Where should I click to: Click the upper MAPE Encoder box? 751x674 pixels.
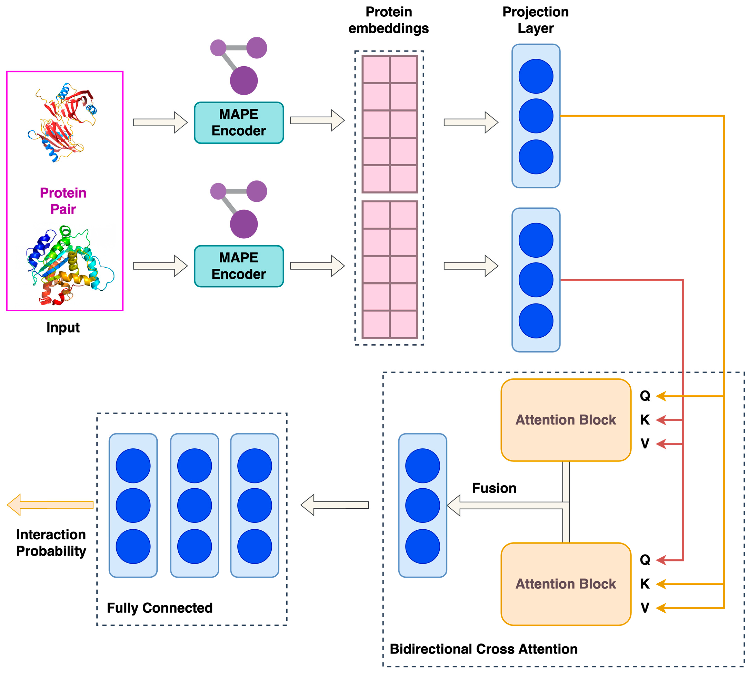(239, 123)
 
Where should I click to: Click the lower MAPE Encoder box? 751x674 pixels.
(239, 266)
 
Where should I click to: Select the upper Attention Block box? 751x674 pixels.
(565, 420)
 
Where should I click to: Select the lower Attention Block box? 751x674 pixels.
(565, 584)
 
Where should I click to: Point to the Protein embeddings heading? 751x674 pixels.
(388, 20)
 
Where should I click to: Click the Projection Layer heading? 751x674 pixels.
(535, 20)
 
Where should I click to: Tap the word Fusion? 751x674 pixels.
(494, 488)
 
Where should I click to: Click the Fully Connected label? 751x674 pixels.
(160, 608)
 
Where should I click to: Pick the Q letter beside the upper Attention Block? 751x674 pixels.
(645, 396)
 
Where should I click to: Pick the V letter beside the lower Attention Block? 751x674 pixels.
(645, 608)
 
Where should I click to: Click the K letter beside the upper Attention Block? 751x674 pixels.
(645, 420)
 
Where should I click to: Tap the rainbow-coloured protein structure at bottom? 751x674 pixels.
(68, 265)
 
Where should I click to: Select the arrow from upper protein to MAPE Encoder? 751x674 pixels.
(160, 122)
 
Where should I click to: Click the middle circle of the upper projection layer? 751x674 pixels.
(535, 116)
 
